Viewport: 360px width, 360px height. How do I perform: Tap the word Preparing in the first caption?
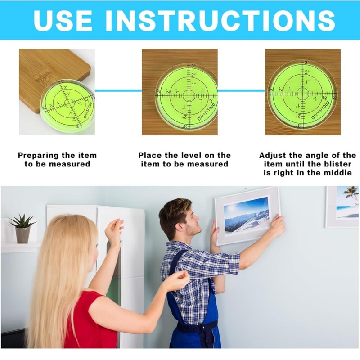39,155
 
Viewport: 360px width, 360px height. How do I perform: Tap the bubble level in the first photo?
68,105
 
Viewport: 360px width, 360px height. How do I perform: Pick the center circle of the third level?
302,94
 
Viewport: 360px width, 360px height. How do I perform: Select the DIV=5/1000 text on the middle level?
207,111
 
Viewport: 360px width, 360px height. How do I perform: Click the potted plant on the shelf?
22,227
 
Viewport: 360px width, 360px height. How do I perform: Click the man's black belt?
196,326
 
